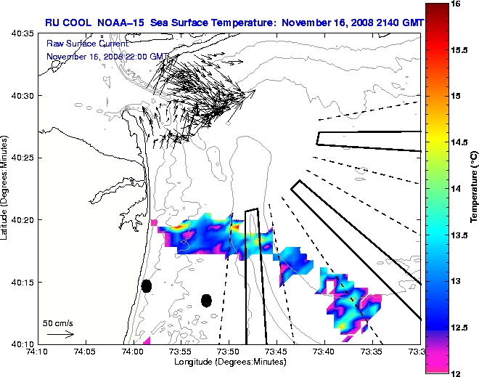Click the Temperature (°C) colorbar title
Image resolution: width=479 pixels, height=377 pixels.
[x=473, y=189]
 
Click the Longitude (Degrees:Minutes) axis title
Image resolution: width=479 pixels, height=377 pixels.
[x=228, y=361]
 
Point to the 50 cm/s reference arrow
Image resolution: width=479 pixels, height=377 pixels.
[x=60, y=334]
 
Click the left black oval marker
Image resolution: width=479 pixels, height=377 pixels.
[x=146, y=286]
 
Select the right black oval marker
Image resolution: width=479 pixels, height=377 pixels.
[x=206, y=300]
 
